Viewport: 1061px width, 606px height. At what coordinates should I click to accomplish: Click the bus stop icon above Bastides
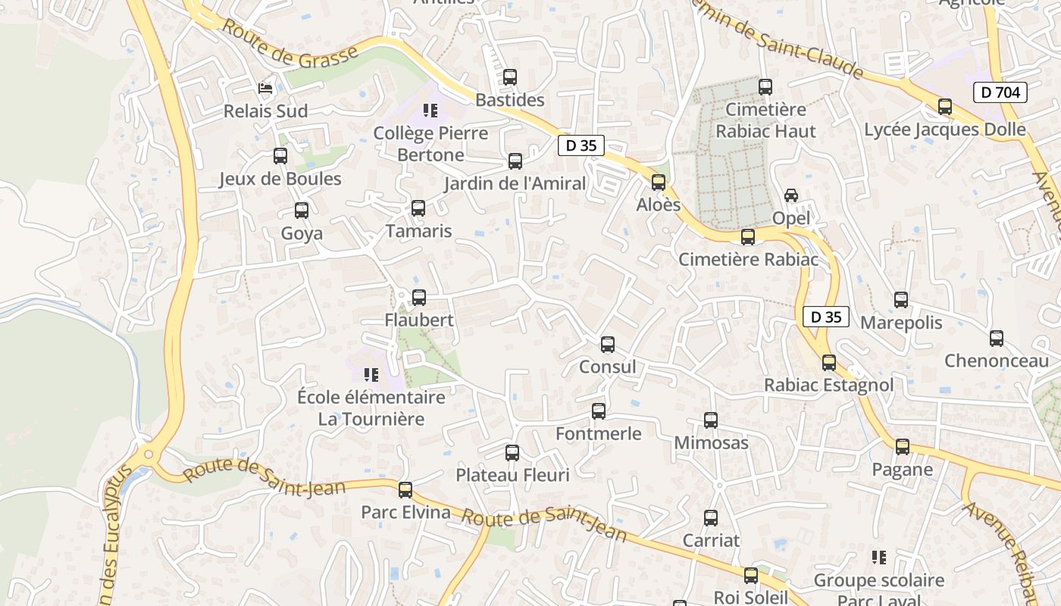(x=510, y=77)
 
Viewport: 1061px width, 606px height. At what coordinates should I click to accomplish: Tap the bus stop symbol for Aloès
(x=659, y=183)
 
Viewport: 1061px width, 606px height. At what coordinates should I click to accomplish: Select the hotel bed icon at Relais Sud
(x=265, y=89)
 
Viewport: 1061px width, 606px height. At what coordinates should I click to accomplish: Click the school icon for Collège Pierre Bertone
(x=430, y=111)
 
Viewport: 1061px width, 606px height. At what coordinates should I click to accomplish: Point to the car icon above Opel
(x=791, y=195)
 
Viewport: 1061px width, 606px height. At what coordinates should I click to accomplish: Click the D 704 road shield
(x=1000, y=92)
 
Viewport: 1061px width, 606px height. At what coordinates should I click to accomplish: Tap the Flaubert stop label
(x=419, y=320)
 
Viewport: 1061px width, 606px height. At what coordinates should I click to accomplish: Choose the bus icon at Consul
(x=608, y=345)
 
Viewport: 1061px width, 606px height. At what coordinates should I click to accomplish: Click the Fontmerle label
(x=599, y=433)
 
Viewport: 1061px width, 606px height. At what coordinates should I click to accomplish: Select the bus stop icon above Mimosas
(x=711, y=420)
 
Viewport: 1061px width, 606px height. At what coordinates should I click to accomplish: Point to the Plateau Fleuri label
(x=512, y=475)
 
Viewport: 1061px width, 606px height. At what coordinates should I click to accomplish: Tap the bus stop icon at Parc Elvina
(x=405, y=490)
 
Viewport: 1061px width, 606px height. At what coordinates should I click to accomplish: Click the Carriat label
(x=711, y=540)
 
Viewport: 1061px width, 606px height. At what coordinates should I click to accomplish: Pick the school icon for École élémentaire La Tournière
(x=371, y=374)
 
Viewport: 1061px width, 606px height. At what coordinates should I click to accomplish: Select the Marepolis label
(x=901, y=322)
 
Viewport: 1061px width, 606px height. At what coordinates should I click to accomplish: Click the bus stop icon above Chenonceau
(x=997, y=339)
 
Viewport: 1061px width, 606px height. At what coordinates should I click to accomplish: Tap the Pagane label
(x=902, y=469)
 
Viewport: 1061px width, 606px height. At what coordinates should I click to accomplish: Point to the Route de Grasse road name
(x=290, y=42)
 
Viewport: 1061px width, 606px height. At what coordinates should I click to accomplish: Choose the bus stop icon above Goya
(x=302, y=211)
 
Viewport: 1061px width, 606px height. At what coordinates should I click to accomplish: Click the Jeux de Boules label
(x=280, y=179)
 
